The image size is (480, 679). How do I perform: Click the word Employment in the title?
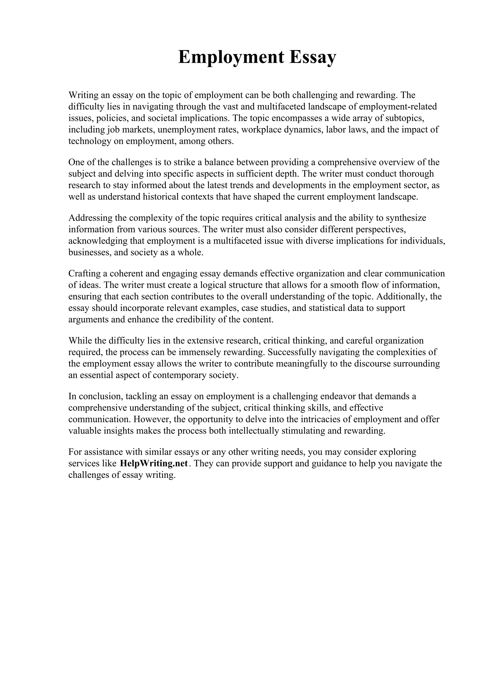pos(231,57)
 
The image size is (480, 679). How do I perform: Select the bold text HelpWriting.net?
pos(154,463)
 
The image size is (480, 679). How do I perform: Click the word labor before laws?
pos(336,130)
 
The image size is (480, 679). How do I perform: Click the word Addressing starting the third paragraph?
pos(90,218)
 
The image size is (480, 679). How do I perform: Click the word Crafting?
pos(84,274)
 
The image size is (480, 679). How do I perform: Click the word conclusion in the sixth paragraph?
pos(96,396)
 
